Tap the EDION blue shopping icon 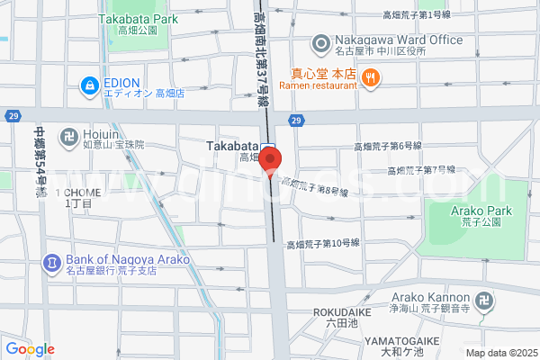coord(89,86)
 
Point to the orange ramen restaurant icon coord(370,79)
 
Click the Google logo coord(30,349)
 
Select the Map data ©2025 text coord(499,353)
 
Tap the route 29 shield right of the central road coord(295,121)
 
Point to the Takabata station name coord(233,146)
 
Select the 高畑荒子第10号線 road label coord(323,244)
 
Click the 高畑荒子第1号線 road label coord(416,15)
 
